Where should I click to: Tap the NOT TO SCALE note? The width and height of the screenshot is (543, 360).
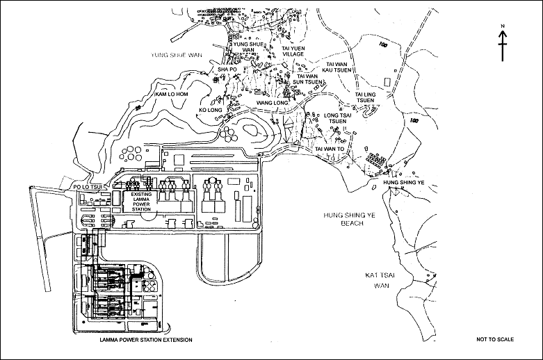495,339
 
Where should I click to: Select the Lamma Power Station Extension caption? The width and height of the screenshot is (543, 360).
145,339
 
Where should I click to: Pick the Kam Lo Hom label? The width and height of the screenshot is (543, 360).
171,93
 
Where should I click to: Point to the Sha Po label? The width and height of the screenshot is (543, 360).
228,69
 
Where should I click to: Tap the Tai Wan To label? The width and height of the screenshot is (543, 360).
330,149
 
